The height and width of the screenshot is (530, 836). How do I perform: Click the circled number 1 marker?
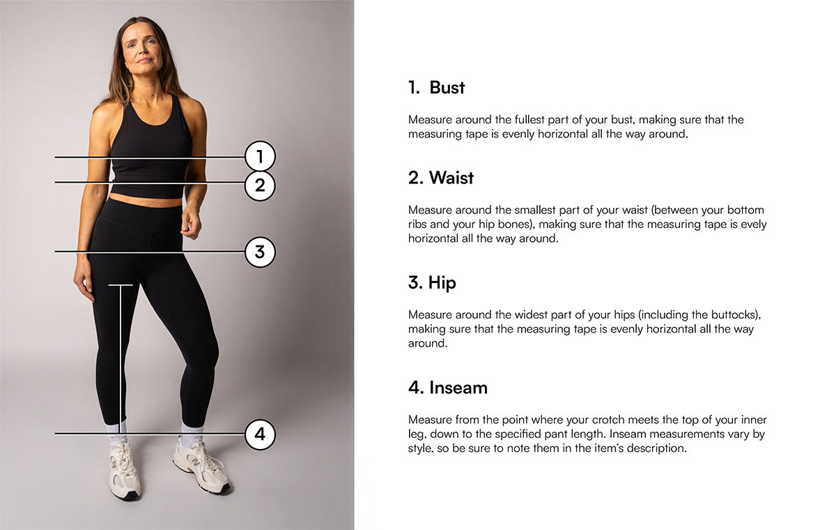(x=260, y=156)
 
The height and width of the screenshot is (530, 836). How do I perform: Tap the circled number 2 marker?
(x=260, y=185)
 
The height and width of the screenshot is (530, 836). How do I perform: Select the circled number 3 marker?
(x=260, y=252)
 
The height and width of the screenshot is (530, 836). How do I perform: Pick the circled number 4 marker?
(x=260, y=434)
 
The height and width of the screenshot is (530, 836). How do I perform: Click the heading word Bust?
(x=447, y=88)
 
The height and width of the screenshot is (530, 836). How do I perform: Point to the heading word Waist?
(x=451, y=178)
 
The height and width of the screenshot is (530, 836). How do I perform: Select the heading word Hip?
(x=442, y=282)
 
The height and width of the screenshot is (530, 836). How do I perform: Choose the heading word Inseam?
(x=458, y=388)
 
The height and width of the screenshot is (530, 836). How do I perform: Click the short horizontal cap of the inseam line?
(x=120, y=285)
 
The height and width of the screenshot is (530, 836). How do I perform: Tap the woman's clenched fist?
(x=191, y=224)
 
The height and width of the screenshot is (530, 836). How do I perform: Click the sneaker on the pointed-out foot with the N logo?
(x=201, y=467)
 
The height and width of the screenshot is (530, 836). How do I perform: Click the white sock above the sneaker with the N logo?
(x=191, y=431)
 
